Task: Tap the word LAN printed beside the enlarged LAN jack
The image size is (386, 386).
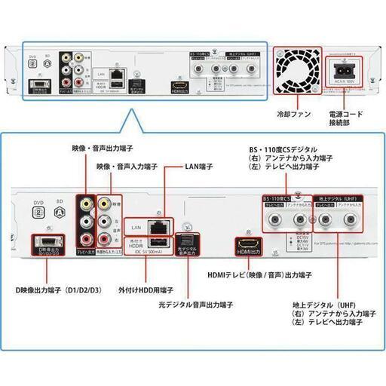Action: click(x=137, y=225)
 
